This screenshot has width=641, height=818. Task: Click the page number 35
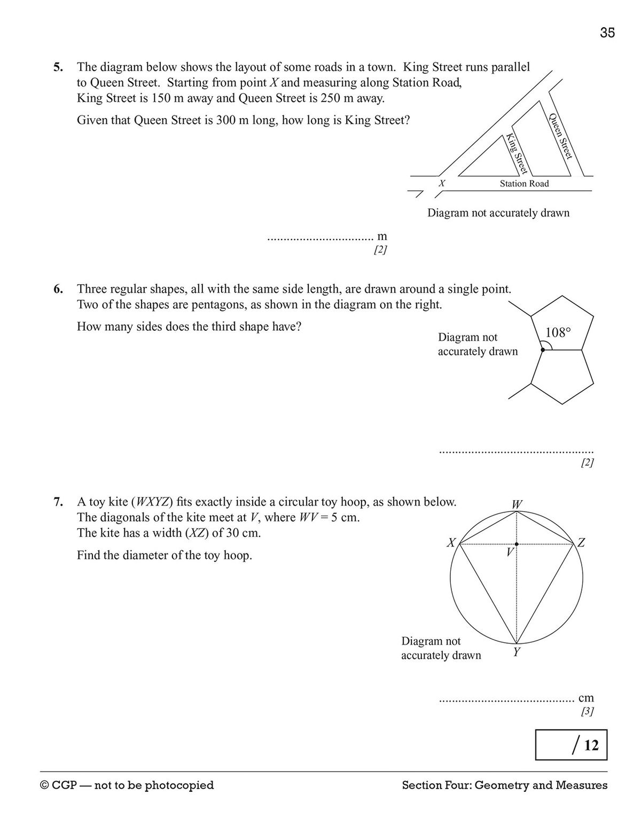[x=607, y=33]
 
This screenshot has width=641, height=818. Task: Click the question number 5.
[x=58, y=67]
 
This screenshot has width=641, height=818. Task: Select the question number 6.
[x=58, y=290]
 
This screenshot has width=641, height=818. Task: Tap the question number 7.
[x=58, y=502]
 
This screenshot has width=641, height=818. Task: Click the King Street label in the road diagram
[x=517, y=153]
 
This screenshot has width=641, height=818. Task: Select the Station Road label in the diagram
[x=524, y=184]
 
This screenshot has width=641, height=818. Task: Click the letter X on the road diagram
[x=442, y=183]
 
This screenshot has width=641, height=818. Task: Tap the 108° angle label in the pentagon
[x=558, y=333]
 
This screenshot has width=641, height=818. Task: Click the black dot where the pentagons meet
[x=543, y=350]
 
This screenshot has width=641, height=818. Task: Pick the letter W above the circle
[x=517, y=504]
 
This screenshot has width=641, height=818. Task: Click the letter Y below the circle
[x=517, y=652]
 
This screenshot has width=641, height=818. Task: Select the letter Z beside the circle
[x=581, y=543]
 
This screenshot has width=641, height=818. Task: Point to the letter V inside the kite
[x=510, y=552]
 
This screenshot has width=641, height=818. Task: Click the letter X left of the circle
[x=451, y=543]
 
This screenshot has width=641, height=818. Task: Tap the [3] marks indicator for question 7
[x=587, y=712]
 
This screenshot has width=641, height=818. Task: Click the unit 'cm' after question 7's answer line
[x=586, y=698]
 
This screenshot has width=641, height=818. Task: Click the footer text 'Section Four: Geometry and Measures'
[x=504, y=785]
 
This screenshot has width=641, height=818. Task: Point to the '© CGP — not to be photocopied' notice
[x=127, y=785]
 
